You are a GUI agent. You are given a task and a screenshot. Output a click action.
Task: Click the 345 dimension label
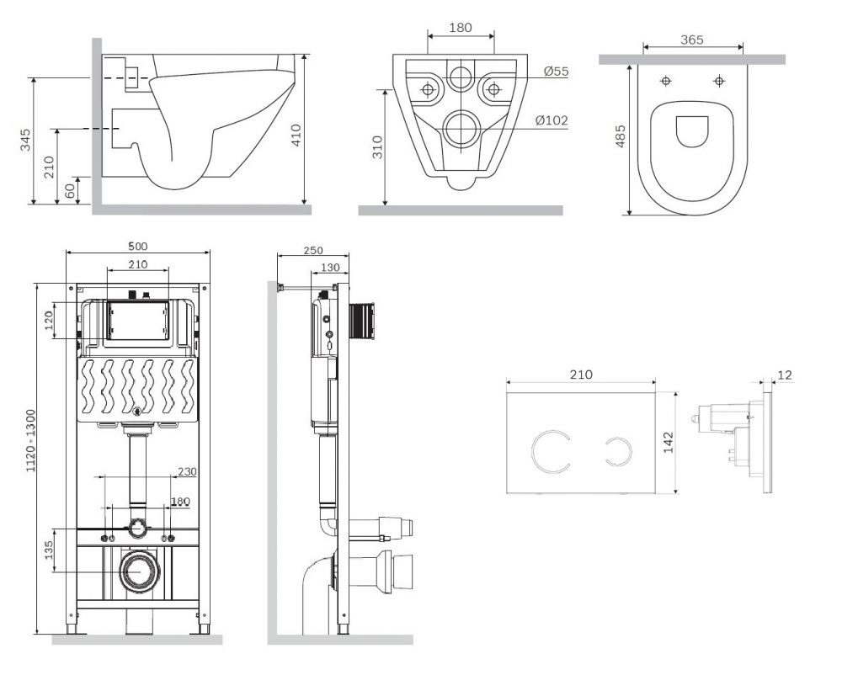point(25,141)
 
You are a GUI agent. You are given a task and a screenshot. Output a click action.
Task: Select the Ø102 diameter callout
point(552,121)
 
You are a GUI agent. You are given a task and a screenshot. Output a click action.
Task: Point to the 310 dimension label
point(377,147)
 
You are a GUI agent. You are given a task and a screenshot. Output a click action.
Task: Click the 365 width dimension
point(691,40)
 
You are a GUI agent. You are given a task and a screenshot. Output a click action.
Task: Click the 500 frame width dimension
point(137,246)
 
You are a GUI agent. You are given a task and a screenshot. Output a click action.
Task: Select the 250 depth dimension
point(312,251)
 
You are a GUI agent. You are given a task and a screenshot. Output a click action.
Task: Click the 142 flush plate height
point(669,442)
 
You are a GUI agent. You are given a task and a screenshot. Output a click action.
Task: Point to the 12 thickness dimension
point(786,375)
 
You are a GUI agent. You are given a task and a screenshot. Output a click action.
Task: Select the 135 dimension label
point(48,550)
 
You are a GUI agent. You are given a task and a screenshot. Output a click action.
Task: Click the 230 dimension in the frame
point(187,472)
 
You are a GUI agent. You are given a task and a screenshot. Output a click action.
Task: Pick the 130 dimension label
point(329,268)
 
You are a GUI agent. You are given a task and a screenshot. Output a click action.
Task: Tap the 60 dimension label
point(70,191)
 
